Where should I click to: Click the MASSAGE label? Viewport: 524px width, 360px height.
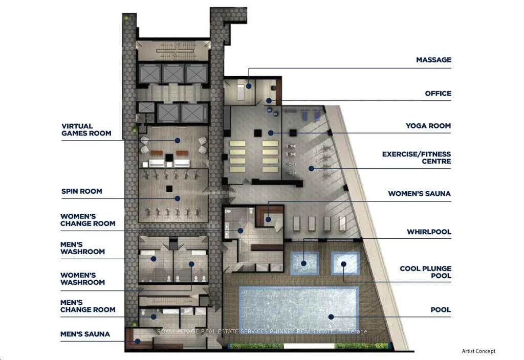pyautogui.click(x=433, y=60)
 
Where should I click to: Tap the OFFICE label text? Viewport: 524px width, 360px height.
pyautogui.click(x=438, y=94)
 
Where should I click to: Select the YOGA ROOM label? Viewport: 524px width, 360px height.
pyautogui.click(x=428, y=126)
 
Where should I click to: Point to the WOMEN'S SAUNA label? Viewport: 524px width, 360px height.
pyautogui.click(x=419, y=194)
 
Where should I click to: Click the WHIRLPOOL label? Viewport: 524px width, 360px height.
pyautogui.click(x=429, y=232)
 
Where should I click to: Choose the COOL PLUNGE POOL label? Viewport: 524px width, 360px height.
pyautogui.click(x=425, y=272)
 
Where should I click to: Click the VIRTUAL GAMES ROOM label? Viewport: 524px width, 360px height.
pyautogui.click(x=86, y=129)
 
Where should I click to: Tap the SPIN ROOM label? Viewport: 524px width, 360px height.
pyautogui.click(x=81, y=191)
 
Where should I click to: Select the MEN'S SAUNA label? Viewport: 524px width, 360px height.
pyautogui.click(x=85, y=334)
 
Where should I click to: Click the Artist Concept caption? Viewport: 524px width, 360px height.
pyautogui.click(x=478, y=351)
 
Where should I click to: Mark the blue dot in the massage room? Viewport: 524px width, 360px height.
pyautogui.click(x=249, y=86)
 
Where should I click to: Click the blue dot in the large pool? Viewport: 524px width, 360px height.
pyautogui.click(x=331, y=317)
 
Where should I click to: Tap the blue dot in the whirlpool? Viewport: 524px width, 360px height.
pyautogui.click(x=303, y=263)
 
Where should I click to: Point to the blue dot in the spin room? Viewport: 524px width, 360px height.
pyautogui.click(x=178, y=198)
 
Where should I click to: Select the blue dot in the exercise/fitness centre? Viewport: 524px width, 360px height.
pyautogui.click(x=311, y=168)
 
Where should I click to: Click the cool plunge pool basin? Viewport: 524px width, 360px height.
pyautogui.click(x=345, y=263)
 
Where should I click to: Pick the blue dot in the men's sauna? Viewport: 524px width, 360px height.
pyautogui.click(x=137, y=341)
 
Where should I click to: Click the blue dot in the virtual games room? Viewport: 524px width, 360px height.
pyautogui.click(x=178, y=140)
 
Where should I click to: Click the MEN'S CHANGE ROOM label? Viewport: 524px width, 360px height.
pyautogui.click(x=88, y=306)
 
